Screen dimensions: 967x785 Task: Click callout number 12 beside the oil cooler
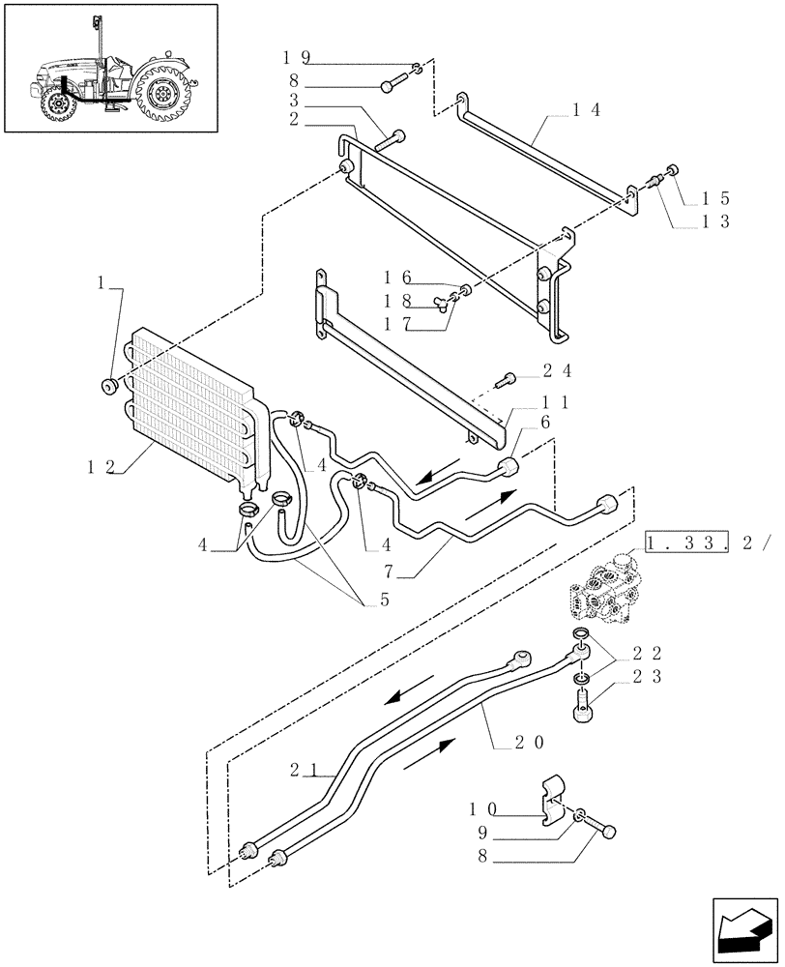(102, 467)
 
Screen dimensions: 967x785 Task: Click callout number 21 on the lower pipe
(302, 770)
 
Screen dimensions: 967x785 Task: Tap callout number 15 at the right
(715, 198)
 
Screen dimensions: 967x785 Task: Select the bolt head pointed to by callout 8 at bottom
(609, 830)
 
